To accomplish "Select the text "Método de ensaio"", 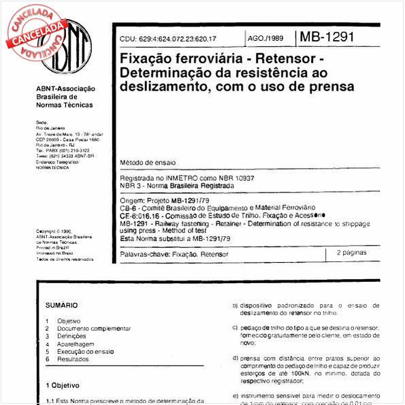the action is point(147,163).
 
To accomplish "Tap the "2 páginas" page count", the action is point(352,253).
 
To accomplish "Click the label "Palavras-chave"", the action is point(140,254).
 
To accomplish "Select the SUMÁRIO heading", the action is point(61,306).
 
